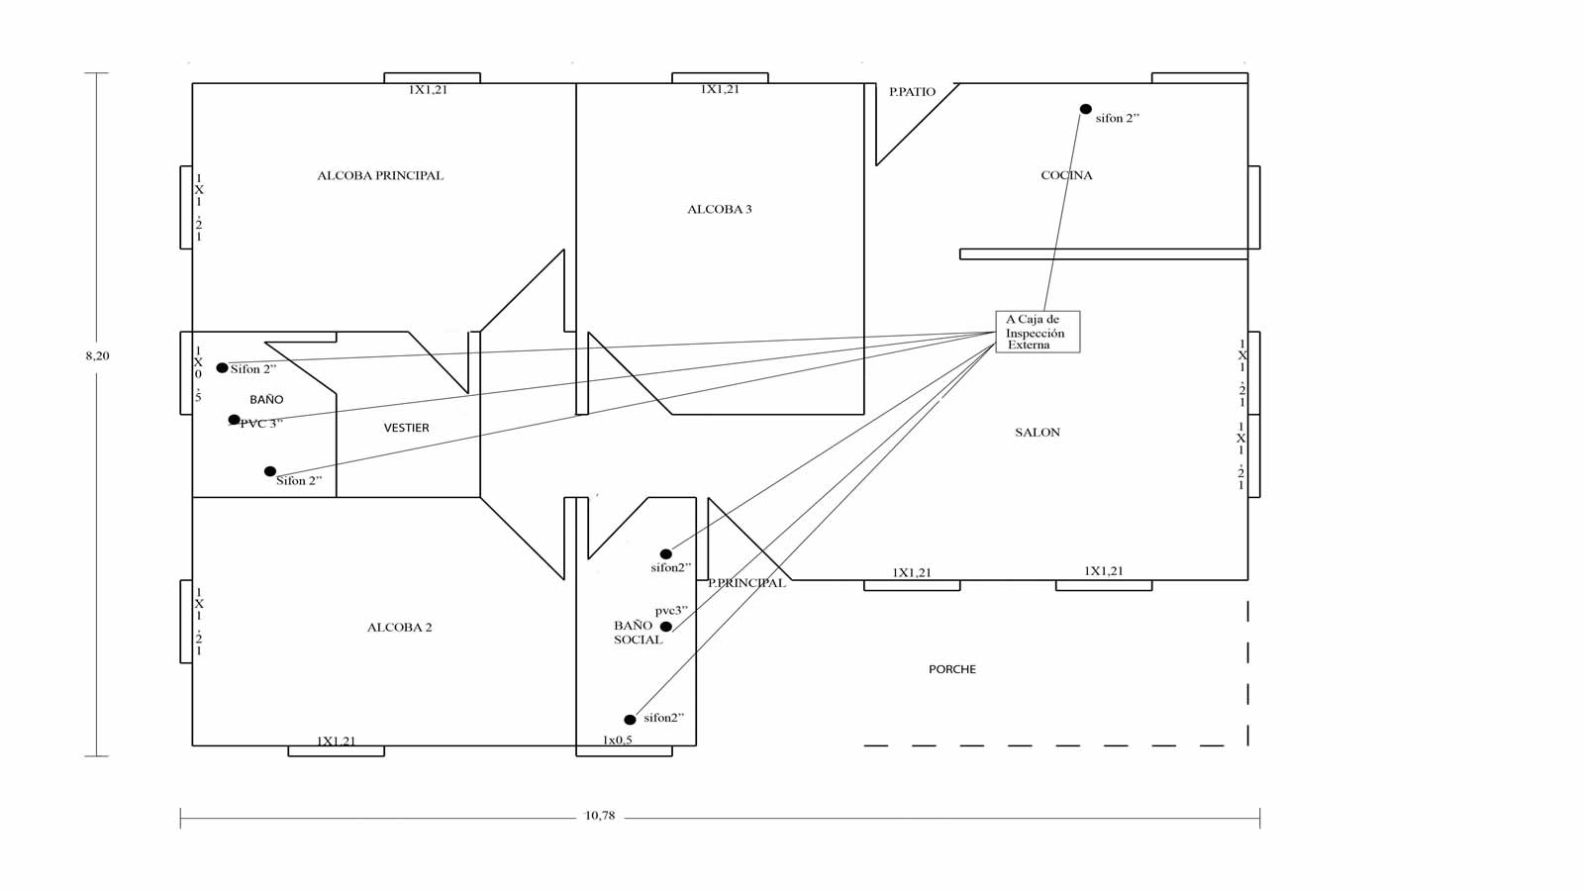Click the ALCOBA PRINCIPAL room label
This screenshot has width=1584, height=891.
coord(380,175)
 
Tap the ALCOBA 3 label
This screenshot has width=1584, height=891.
coord(719,209)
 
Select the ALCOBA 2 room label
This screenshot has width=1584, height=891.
coord(399,628)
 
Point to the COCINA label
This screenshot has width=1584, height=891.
coord(1066,175)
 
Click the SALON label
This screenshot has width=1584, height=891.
coord(1038,432)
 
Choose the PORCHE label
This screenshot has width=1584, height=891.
coord(951,669)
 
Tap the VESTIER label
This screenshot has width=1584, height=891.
coord(406,428)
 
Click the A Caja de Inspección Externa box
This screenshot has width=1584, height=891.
coord(1038,332)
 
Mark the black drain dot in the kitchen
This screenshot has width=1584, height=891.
coord(1085,109)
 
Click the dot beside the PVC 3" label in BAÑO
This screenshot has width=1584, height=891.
coord(234,420)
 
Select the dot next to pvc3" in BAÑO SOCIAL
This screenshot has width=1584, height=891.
coord(666,627)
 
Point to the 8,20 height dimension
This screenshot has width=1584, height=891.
coord(98,355)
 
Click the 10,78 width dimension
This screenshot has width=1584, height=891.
coord(600,816)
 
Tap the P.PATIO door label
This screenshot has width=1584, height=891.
coord(912,92)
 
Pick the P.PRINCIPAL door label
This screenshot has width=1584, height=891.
coord(746,583)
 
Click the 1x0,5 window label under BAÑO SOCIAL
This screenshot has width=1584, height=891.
coord(618,741)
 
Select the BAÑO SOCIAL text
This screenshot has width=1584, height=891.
coord(638,633)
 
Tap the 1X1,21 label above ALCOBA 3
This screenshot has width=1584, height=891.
coord(720,89)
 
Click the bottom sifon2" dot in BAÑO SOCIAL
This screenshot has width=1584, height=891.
coord(630,720)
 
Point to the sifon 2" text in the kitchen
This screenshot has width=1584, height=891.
coord(1118,119)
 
